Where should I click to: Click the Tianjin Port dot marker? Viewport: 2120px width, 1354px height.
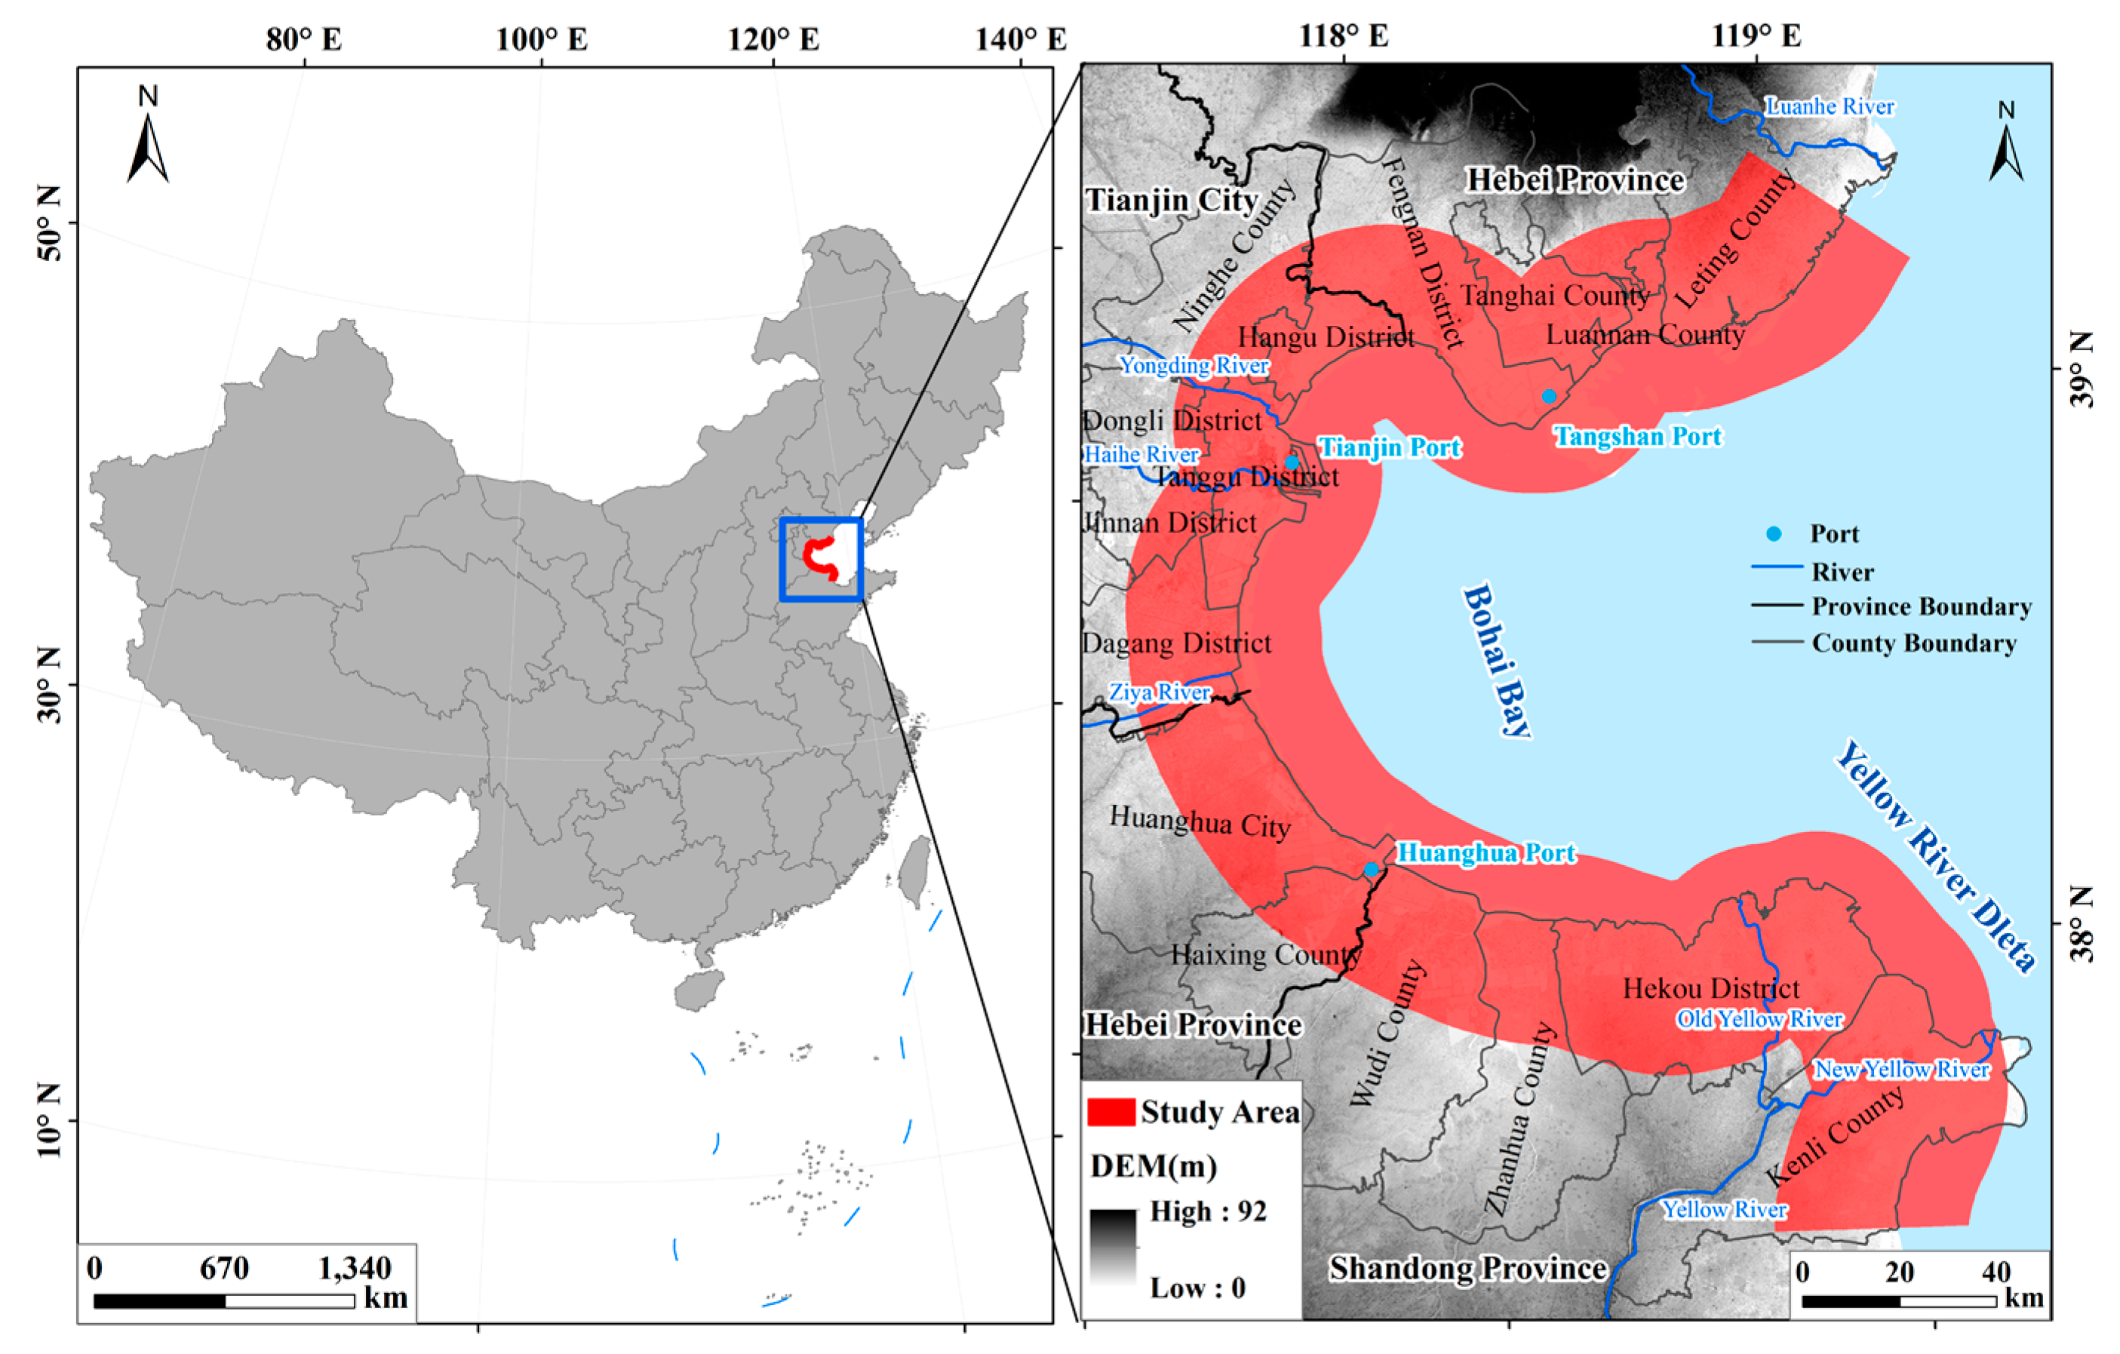coord(1292,462)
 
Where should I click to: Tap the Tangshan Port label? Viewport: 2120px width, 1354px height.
coord(1636,437)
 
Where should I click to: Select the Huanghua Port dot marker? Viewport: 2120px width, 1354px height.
coord(1372,870)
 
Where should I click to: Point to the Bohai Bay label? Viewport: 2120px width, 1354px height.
coord(1497,660)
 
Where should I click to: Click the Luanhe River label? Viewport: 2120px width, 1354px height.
coord(1830,106)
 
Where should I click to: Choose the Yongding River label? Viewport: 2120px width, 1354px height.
coord(1193,365)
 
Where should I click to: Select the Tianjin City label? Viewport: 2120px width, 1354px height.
coord(1171,200)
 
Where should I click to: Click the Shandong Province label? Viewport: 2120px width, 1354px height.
coord(1467,1269)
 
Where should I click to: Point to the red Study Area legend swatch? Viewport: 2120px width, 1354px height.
coord(1111,1112)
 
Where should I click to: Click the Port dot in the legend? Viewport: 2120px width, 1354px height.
coord(1774,533)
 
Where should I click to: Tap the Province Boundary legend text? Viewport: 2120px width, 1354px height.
coord(1921,606)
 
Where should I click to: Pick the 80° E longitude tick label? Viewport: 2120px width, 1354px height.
coord(304,40)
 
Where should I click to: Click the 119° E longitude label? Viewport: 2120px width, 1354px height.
coord(1756,36)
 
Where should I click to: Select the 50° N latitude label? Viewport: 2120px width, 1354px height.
coord(51,223)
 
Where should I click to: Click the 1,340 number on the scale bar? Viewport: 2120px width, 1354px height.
coord(354,1269)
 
